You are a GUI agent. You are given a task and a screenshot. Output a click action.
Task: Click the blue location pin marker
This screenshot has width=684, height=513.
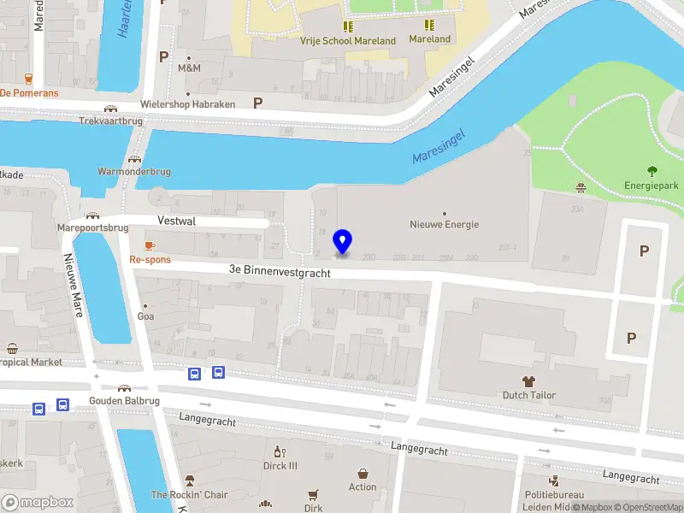tap(343, 242)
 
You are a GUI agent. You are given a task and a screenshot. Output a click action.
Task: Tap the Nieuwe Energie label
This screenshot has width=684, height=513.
tap(444, 225)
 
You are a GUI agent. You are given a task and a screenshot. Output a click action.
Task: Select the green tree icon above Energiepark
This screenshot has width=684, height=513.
tap(652, 170)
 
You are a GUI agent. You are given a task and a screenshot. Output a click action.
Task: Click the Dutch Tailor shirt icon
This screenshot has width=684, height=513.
tap(528, 380)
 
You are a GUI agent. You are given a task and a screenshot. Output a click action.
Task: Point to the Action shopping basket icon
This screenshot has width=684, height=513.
tap(363, 473)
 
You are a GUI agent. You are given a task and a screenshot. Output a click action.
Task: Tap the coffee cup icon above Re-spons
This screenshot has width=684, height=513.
tap(150, 246)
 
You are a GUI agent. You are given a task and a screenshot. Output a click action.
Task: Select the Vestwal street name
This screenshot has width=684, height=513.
tap(176, 221)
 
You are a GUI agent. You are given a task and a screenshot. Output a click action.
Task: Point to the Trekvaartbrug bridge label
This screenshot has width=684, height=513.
tap(109, 121)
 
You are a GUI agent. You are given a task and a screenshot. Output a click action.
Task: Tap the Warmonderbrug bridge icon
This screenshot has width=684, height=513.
tap(134, 159)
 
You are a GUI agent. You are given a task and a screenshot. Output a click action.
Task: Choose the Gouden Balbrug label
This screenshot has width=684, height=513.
tap(125, 400)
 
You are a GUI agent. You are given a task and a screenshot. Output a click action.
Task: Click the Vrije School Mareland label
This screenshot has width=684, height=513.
tap(347, 40)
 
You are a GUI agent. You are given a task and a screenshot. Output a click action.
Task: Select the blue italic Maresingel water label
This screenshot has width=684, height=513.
tap(437, 146)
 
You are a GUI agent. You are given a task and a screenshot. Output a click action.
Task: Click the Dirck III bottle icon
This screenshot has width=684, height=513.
tap(278, 451)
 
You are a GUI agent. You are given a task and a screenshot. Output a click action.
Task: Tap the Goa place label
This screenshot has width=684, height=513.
tap(145, 315)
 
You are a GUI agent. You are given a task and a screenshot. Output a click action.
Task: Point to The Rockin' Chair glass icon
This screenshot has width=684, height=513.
tap(189, 481)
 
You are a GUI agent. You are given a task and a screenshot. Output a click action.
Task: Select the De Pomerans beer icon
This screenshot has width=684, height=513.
tap(28, 79)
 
